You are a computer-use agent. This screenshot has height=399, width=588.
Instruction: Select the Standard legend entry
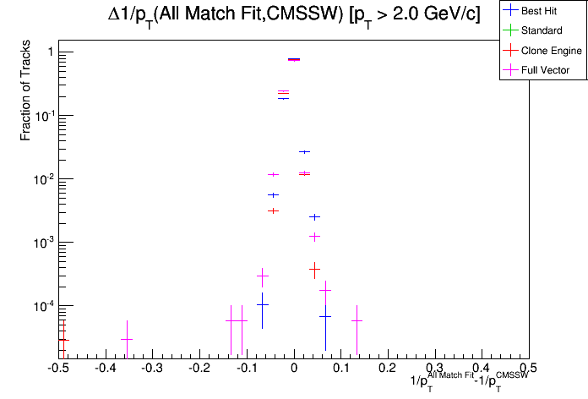point(542,31)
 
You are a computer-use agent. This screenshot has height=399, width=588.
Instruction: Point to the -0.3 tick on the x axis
point(151,369)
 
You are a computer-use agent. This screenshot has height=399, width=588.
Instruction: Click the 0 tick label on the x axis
point(294,369)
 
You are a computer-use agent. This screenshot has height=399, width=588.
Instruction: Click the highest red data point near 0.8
point(294,59)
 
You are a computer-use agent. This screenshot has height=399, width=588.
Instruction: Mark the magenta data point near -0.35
point(127,339)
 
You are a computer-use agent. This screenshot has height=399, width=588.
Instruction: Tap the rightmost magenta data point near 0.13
point(357,320)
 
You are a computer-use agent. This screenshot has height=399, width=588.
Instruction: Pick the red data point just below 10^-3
point(314,268)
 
